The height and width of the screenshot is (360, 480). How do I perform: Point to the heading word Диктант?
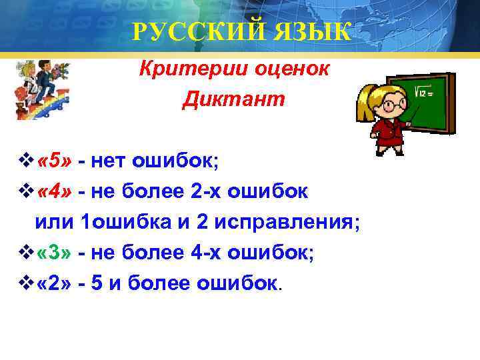[233, 100]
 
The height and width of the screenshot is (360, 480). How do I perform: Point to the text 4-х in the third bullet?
[210, 254]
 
